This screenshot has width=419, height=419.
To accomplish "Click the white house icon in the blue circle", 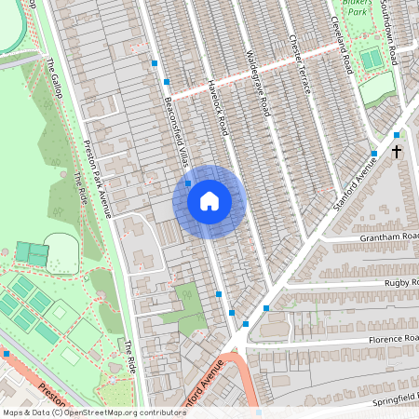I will coord(209,200).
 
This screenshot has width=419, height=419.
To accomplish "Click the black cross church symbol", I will coord(396,151).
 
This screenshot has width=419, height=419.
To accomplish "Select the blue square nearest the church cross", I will coord(396,135).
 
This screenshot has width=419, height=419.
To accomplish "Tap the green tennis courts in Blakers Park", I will coord(371,60).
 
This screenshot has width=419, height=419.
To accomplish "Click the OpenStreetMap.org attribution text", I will coord(121,412).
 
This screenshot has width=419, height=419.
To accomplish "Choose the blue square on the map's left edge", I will coord(6,354).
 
